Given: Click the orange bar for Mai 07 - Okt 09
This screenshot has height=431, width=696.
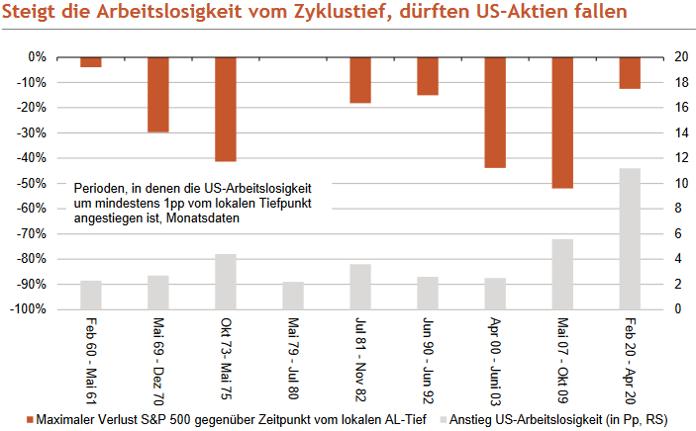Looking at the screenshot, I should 562,123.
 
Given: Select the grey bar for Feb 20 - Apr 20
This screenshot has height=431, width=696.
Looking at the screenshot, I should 630,238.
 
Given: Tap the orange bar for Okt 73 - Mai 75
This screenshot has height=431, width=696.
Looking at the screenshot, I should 226,109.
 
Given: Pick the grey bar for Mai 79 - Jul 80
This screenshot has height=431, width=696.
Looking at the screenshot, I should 293,296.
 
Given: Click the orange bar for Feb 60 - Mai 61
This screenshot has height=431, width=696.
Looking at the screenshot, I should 91,61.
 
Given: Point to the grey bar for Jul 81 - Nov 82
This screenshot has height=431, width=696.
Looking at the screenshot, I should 360,287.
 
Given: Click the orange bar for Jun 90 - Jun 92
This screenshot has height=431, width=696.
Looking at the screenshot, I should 428,75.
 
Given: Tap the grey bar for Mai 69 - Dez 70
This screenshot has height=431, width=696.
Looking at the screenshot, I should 158,292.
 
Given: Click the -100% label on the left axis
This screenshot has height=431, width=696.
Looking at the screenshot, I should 30,309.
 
